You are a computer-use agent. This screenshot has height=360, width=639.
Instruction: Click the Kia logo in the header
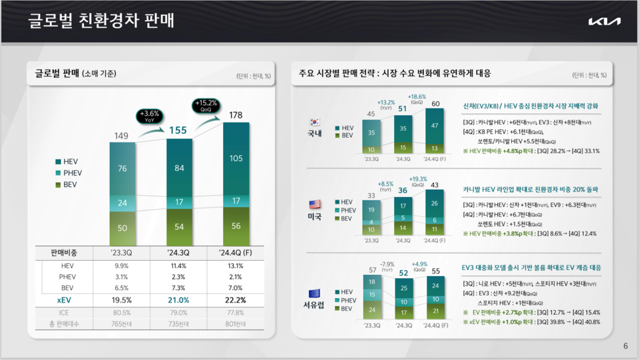[604, 21]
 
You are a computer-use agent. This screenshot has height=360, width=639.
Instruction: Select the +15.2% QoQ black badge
[205, 106]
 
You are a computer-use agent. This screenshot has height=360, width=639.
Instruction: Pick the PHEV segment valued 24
[122, 202]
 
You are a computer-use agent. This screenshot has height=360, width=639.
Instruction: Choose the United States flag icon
[314, 204]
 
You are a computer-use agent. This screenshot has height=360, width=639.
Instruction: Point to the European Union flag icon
[314, 293]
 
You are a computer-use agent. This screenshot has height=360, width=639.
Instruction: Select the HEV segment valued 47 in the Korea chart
[435, 125]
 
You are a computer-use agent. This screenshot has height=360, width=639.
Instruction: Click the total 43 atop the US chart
[435, 184]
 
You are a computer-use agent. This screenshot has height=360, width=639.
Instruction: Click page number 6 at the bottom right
[625, 346]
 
